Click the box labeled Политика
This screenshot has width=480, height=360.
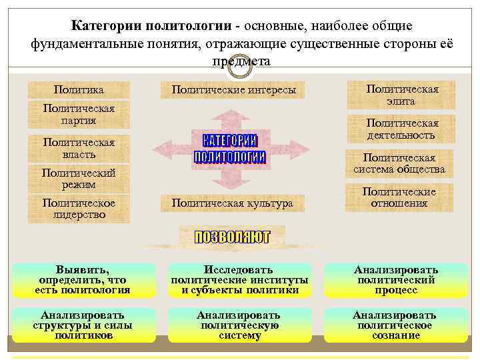79,89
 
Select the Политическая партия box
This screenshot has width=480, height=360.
79,115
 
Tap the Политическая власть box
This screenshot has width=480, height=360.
79,148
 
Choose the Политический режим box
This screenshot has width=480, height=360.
79,178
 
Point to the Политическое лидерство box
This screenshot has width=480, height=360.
79,209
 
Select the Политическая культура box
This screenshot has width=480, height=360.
231,203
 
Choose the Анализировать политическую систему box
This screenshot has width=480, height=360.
239,325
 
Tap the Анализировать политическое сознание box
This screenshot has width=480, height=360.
395,325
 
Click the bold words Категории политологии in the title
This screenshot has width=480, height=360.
153,27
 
